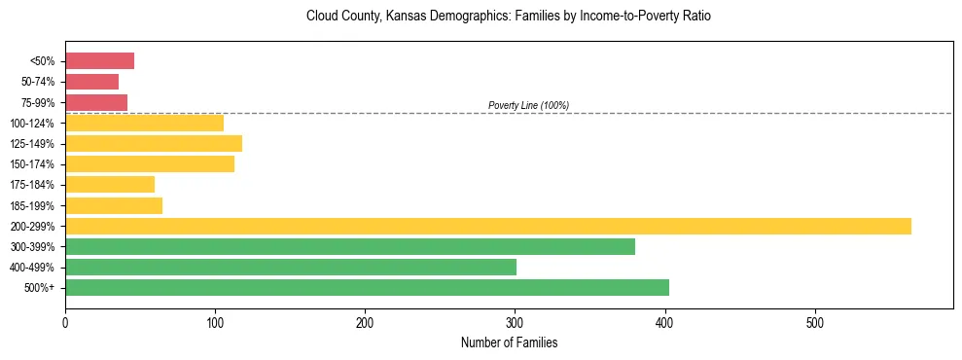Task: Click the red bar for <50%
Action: coord(99,61)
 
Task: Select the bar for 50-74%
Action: coord(91,82)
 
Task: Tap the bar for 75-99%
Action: coord(96,102)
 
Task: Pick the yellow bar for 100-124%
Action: coord(144,123)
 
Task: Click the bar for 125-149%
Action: coord(154,144)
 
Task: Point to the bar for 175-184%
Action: coord(110,185)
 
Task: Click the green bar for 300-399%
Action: coord(350,246)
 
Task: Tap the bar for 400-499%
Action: coord(291,267)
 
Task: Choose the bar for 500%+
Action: coord(367,287)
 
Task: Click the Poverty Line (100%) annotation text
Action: coord(528,105)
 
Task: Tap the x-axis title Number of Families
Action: coord(509,343)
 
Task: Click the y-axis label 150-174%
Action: coord(32,164)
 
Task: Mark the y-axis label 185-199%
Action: coord(32,205)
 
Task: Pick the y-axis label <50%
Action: coord(43,61)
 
